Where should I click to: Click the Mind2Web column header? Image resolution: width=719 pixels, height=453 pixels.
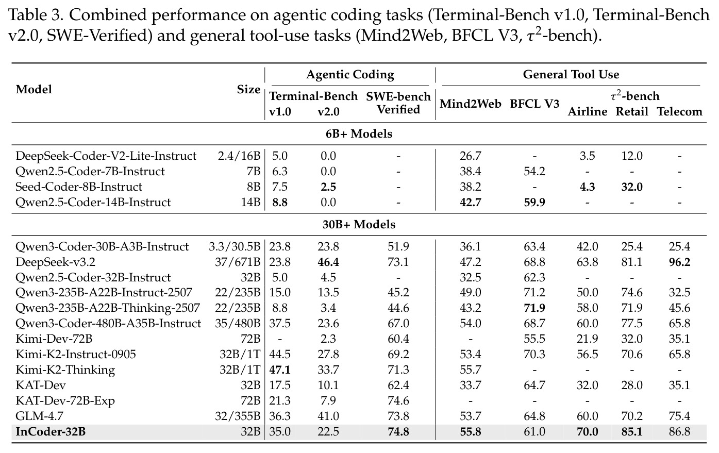[x=470, y=104]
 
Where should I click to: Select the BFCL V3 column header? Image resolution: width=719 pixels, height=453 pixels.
[x=534, y=104]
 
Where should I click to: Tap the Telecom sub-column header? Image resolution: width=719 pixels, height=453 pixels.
[x=679, y=111]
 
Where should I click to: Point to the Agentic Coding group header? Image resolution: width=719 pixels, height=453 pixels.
[x=350, y=75]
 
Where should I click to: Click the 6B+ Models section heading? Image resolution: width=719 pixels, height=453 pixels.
[x=359, y=133]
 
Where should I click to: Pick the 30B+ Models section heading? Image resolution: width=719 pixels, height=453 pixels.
[x=359, y=224]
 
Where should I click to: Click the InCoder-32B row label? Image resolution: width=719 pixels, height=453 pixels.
[x=51, y=431]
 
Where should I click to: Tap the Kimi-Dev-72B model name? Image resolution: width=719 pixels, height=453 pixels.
[x=54, y=339]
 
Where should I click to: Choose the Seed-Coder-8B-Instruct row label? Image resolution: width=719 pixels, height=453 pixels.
[x=79, y=187]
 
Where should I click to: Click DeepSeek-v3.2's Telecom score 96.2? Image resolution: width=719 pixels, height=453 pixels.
[x=679, y=262]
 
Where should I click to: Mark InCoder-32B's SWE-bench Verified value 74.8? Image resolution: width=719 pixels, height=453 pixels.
[x=398, y=431]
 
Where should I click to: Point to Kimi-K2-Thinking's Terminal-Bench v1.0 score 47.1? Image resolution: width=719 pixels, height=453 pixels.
[x=279, y=370]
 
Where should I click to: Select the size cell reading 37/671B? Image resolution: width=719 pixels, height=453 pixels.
[x=238, y=262]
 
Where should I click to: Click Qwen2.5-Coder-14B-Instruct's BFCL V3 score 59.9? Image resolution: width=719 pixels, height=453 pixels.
[x=534, y=202]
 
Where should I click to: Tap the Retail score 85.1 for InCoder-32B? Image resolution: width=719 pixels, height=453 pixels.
[x=632, y=431]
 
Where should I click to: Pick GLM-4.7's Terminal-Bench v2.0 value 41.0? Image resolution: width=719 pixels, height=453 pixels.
[x=328, y=416]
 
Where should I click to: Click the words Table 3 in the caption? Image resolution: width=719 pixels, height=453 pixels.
[x=35, y=15]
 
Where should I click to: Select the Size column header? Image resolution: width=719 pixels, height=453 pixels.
[x=248, y=90]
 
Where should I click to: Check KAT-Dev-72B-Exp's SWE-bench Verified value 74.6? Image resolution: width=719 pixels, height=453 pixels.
[x=398, y=400]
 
